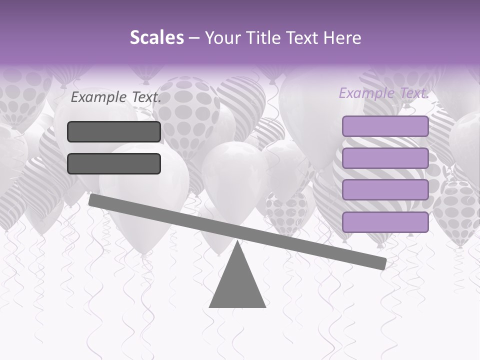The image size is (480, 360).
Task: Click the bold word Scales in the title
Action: coord(156,38)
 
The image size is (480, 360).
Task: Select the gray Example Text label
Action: coord(116,97)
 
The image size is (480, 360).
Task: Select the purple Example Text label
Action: coord(383,93)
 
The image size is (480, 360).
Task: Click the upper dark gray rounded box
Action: coord(114,131)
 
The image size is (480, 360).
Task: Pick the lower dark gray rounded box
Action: coord(114,163)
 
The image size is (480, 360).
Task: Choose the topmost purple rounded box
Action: coord(385,126)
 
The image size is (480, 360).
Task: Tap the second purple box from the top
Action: coord(385,158)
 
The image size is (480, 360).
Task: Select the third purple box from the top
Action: coord(385,190)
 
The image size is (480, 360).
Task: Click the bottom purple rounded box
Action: coord(385,222)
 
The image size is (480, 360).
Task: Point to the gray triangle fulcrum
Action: coord(237,282)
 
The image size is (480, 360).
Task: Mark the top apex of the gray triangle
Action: coord(237,242)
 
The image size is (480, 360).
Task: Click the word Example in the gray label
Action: coord(98,97)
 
